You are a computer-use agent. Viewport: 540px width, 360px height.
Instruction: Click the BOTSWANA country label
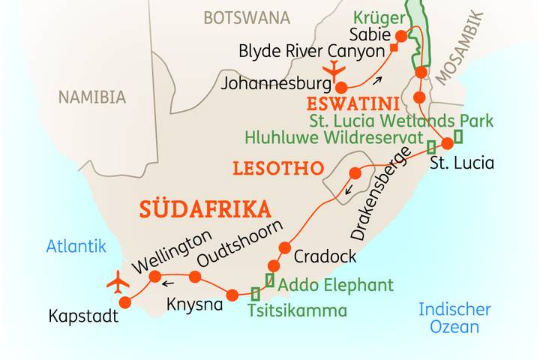246,17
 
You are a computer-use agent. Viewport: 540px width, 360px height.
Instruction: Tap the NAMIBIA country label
92,97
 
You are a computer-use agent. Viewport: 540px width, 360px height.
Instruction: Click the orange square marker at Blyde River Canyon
393,49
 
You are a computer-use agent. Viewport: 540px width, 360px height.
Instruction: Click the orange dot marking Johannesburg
340,86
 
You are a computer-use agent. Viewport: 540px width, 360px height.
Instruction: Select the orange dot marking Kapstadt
125,302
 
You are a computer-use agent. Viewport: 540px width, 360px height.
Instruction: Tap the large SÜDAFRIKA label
203,208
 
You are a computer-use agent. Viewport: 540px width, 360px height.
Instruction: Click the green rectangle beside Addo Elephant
269,280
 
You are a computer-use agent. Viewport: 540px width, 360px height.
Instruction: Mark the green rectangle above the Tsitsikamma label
256,293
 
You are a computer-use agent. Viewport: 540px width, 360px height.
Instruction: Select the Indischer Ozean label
454,318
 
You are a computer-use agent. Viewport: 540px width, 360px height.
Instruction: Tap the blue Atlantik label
76,245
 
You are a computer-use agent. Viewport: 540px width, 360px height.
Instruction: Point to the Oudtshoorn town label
240,244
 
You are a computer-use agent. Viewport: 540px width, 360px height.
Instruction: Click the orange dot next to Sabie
400,35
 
